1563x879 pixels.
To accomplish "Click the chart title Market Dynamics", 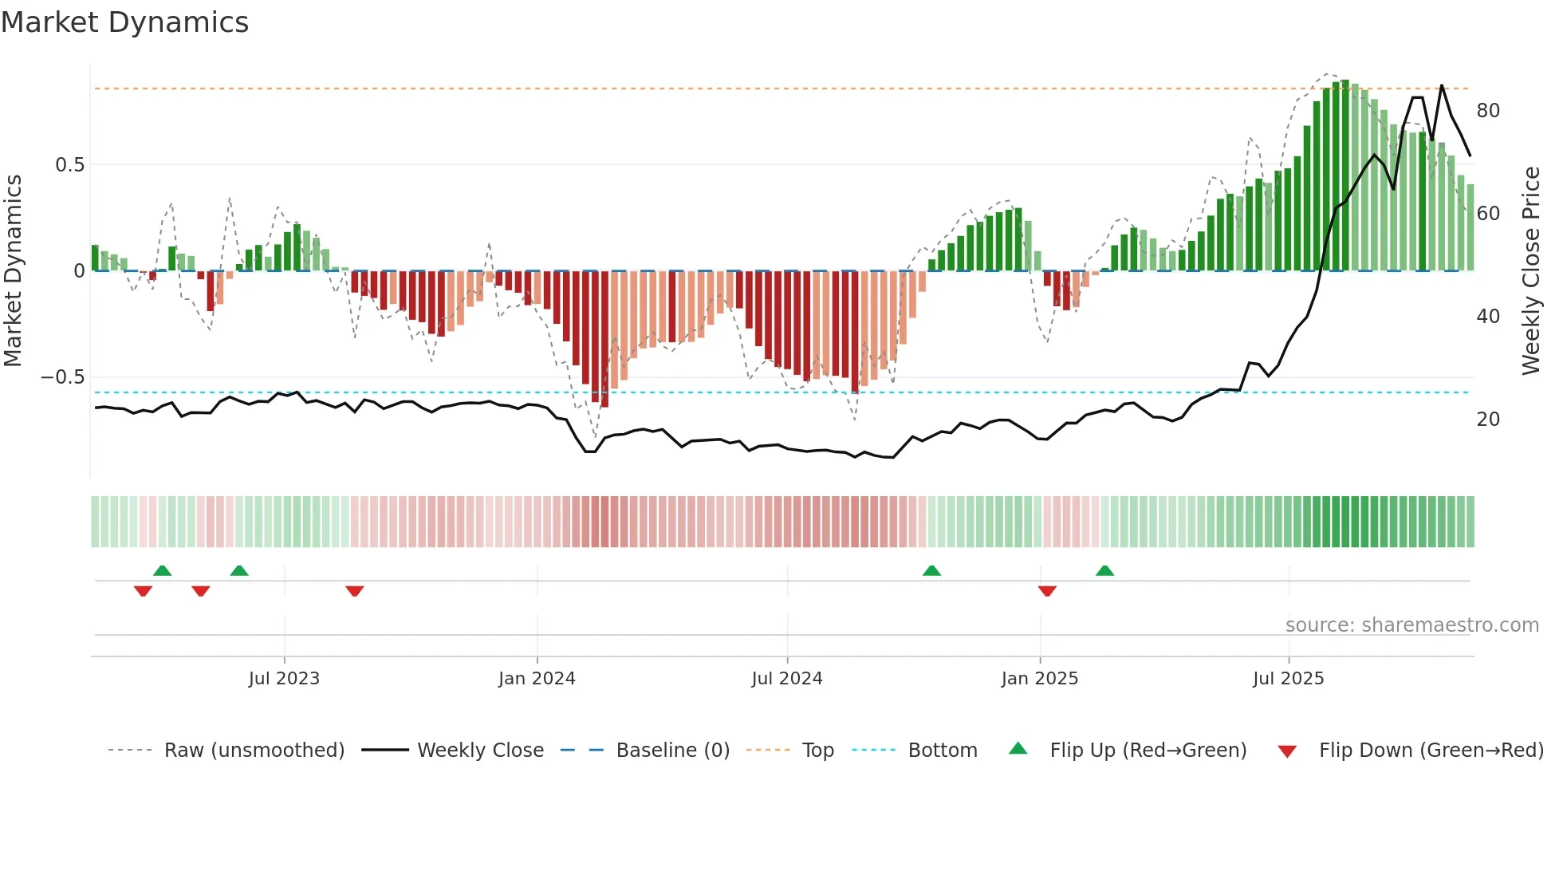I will (x=125, y=22).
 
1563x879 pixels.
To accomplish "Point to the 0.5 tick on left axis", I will (x=69, y=165).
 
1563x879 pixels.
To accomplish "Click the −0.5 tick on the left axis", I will (x=63, y=377).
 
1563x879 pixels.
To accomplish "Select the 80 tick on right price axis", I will (x=1488, y=111).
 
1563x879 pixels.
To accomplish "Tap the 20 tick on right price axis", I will (x=1488, y=420).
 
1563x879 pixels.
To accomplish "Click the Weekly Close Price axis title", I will (x=1531, y=271).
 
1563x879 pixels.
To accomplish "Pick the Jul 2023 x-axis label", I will (x=284, y=679).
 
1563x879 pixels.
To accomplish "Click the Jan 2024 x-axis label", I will (x=537, y=679).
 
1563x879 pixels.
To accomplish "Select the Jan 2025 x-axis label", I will (x=1040, y=679).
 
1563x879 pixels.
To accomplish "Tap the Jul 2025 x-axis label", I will (x=1289, y=679).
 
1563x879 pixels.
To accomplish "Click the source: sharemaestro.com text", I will (x=1412, y=625).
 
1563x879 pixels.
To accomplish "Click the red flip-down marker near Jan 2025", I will (x=1047, y=591).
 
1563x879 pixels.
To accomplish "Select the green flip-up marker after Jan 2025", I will (x=1104, y=570).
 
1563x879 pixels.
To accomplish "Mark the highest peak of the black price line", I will (x=1442, y=85).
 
